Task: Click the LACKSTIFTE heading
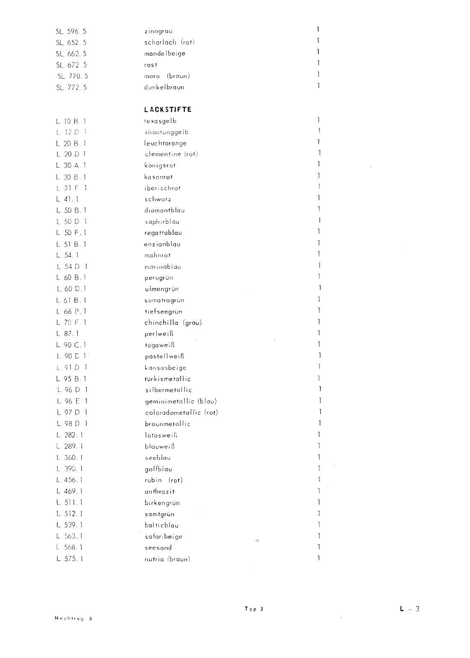coord(168,110)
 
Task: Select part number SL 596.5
coord(71,31)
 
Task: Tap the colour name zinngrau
coord(158,31)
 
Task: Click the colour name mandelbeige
coord(164,53)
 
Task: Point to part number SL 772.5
coord(71,87)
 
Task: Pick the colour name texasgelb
coord(160,121)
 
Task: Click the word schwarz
coord(158,199)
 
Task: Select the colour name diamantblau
coord(164,211)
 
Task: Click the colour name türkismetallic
coord(168,379)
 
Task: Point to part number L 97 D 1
coord(72,412)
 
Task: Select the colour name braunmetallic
coord(168,424)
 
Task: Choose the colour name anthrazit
coord(160,491)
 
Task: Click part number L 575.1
coord(69,559)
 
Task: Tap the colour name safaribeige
coord(163,537)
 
